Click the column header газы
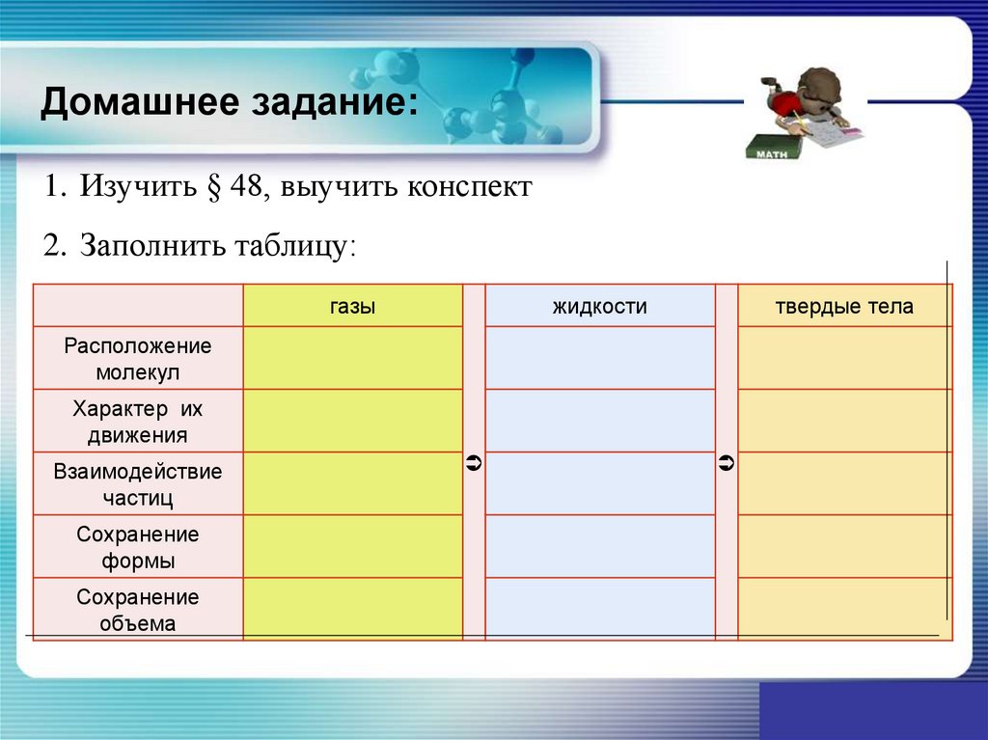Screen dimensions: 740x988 [x=352, y=307]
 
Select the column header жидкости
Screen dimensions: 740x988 [x=599, y=307]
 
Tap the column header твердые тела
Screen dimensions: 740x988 [x=843, y=307]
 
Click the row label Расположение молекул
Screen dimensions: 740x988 [x=138, y=358]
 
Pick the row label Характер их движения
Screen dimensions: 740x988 [x=138, y=422]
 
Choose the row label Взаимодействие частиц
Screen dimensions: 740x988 [x=138, y=484]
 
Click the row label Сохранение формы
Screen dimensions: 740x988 [x=138, y=547]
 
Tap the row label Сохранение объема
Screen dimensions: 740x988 [x=138, y=610]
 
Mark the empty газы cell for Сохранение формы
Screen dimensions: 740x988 [x=352, y=546]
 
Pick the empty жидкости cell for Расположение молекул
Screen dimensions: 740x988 [x=599, y=358]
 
